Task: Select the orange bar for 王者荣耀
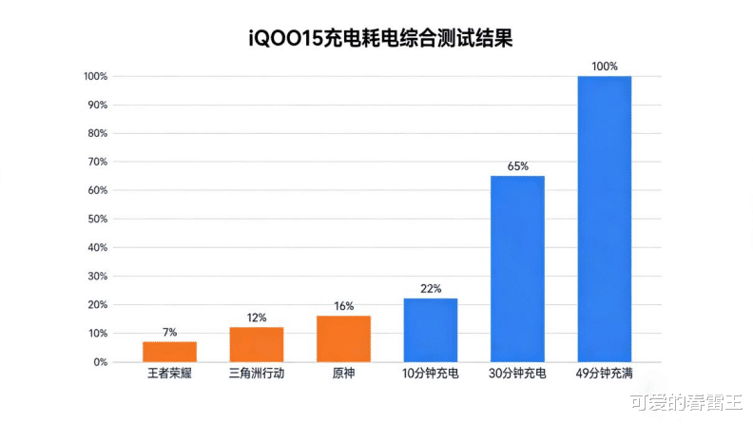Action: [169, 352]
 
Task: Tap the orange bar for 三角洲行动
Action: [257, 344]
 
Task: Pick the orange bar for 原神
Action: [343, 338]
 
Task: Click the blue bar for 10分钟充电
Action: [431, 330]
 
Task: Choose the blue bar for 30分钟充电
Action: [517, 269]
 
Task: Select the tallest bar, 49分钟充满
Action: [605, 219]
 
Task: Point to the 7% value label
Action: [169, 333]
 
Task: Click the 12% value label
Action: [257, 318]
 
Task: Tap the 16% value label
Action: [343, 306]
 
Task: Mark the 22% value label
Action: [431, 289]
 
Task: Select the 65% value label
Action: [517, 166]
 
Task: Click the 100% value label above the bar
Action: [605, 67]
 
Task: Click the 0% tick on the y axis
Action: [98, 362]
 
